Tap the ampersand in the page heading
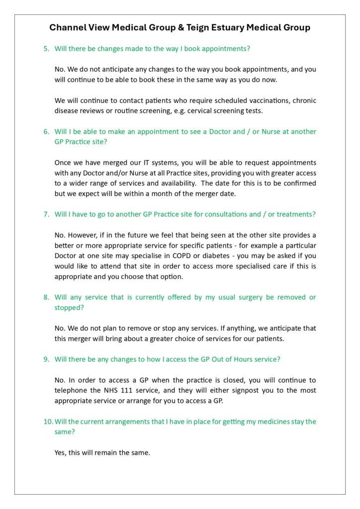(x=180, y=28)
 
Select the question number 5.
(x=46, y=49)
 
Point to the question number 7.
(x=46, y=214)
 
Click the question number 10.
(x=48, y=422)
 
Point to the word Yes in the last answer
(x=61, y=453)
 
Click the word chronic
(x=303, y=100)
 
